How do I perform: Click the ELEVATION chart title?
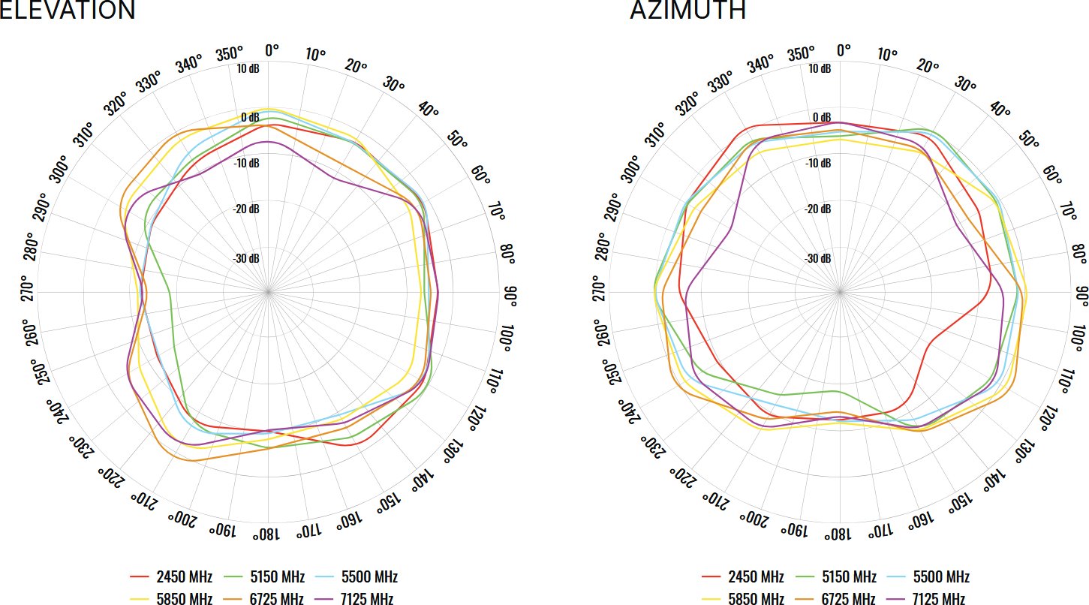pos(68,11)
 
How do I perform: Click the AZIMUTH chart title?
pos(688,11)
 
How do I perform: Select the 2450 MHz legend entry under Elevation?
pos(172,577)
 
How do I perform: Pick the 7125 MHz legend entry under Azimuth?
pos(928,599)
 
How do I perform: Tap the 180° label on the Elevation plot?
pos(268,534)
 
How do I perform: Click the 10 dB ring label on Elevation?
pos(248,69)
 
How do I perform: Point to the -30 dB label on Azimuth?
pos(817,258)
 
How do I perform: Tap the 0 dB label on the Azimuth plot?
pos(821,118)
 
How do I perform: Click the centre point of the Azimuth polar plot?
pos(840,290)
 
